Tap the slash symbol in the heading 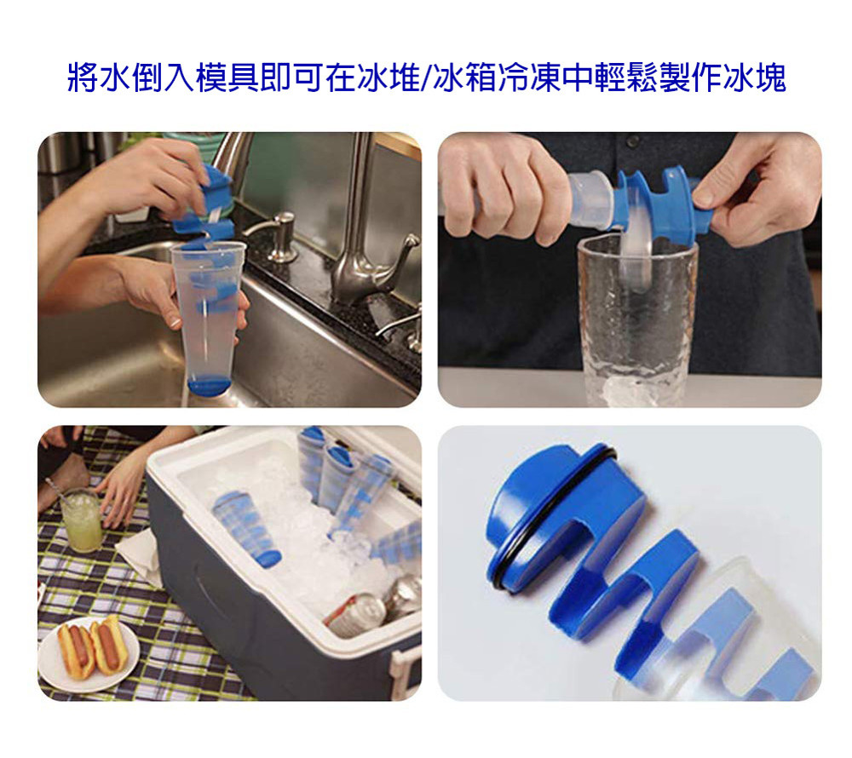[x=427, y=78]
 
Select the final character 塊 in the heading [x=770, y=78]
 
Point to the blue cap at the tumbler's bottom [x=210, y=385]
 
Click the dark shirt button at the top [x=632, y=141]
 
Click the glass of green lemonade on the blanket [x=82, y=519]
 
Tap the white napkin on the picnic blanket [x=141, y=556]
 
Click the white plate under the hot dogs [x=89, y=654]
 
